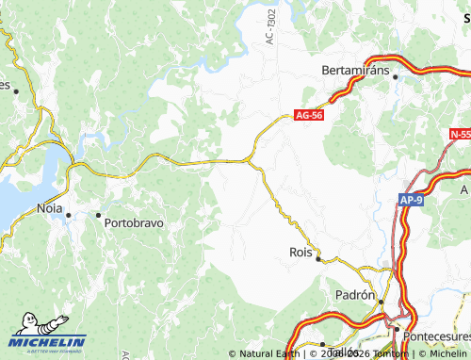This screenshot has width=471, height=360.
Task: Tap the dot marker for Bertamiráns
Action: tap(396, 76)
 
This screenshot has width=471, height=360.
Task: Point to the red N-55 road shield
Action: tap(460, 136)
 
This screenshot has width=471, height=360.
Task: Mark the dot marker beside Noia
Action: tap(69, 215)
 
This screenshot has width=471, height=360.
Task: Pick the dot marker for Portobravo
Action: tap(98, 215)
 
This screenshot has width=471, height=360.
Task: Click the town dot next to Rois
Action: tap(318, 258)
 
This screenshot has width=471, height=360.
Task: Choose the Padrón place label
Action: tap(356, 295)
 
